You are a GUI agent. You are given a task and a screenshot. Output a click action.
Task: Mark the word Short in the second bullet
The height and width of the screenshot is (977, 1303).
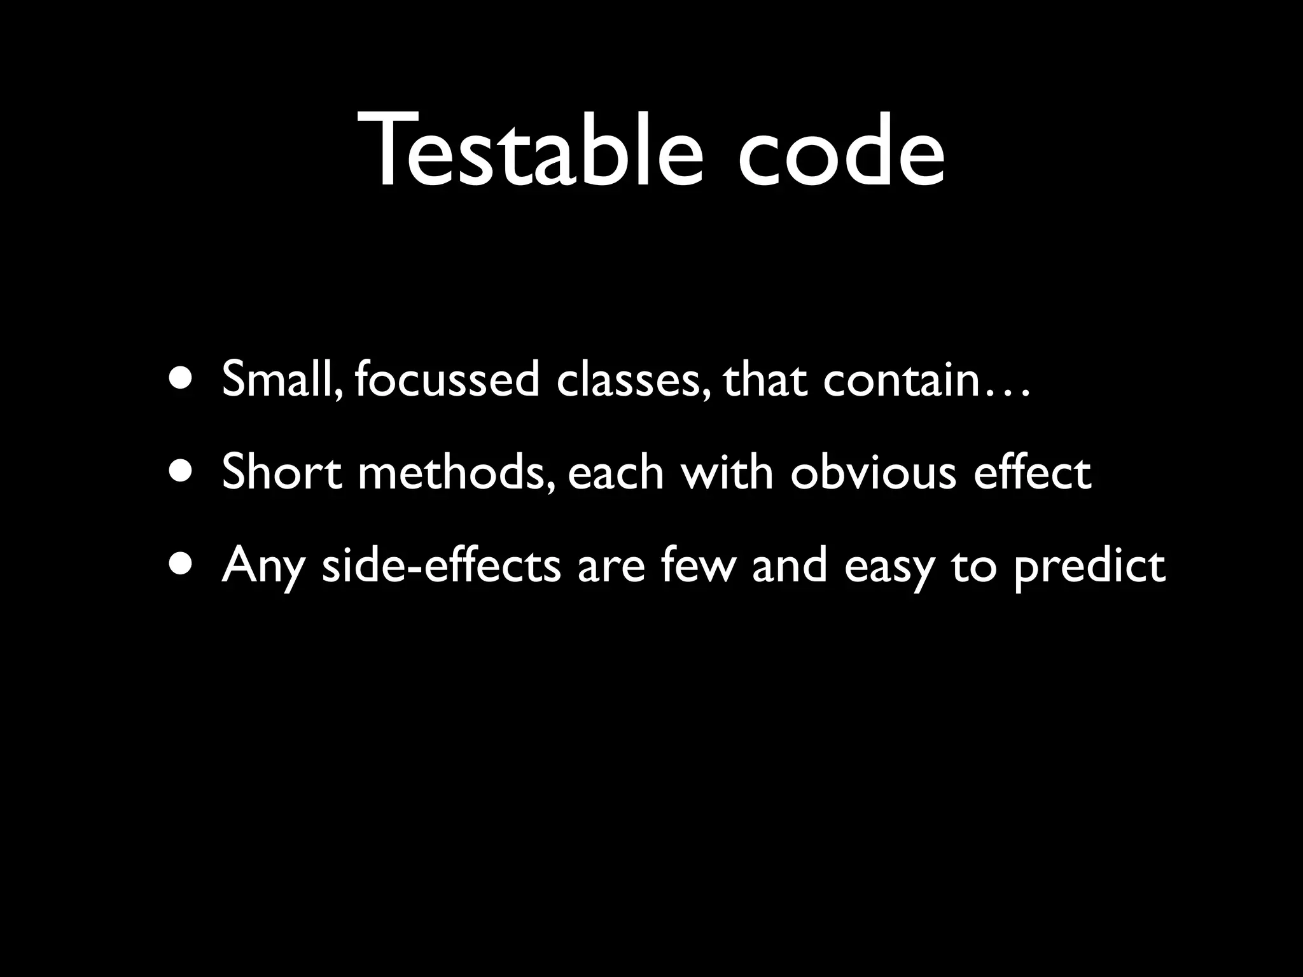tap(282, 473)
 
